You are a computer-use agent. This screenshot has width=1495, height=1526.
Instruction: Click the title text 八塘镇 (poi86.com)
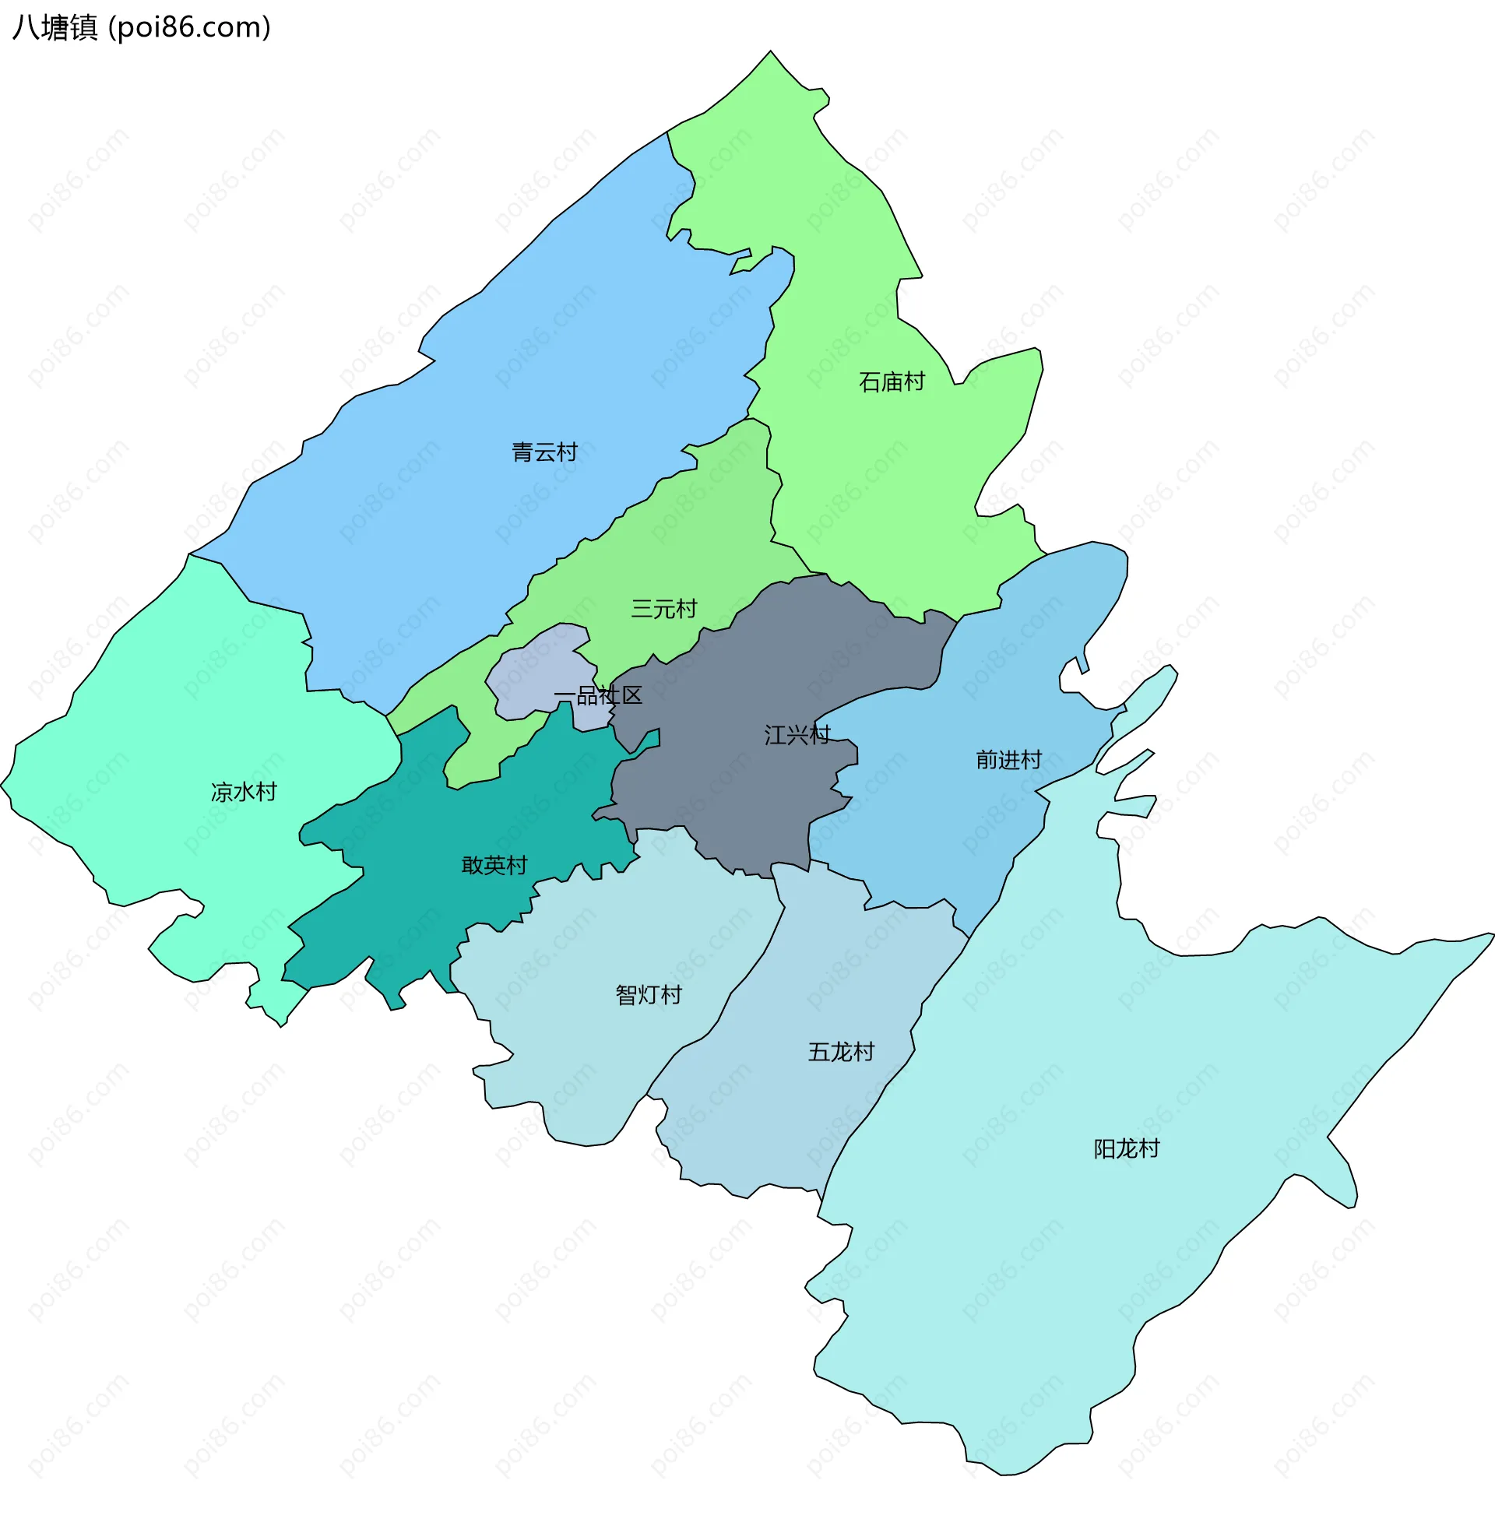click(142, 27)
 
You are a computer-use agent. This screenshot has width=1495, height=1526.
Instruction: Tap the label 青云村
click(544, 452)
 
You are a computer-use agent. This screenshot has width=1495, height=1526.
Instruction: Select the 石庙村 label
click(892, 382)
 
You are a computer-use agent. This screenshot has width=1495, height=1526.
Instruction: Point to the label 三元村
click(663, 609)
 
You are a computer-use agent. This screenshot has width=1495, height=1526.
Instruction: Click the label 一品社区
click(598, 695)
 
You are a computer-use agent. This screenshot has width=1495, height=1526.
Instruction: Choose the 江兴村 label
click(797, 736)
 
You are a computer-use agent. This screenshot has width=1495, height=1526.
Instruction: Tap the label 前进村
click(1008, 760)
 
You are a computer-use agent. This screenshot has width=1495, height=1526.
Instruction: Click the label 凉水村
click(244, 792)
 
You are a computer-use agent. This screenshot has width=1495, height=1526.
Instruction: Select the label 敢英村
click(494, 866)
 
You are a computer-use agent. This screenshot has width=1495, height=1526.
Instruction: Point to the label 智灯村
click(649, 995)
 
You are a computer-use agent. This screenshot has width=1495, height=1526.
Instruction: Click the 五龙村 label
click(841, 1052)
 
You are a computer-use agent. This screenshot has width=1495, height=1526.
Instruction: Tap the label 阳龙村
click(1126, 1149)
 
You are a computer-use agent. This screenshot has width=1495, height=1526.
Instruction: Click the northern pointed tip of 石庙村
click(770, 54)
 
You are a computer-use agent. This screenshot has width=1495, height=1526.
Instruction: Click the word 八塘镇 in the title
click(55, 27)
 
